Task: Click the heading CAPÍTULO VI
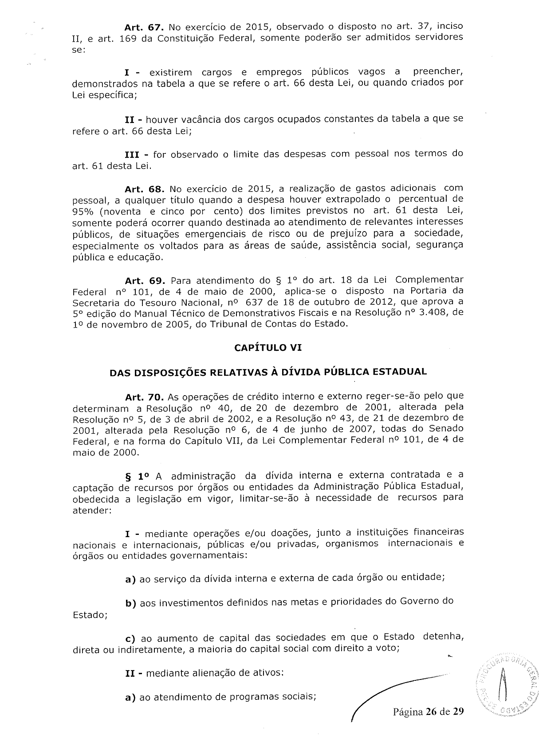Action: click(268, 348)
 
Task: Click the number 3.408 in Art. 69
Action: click(433, 313)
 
